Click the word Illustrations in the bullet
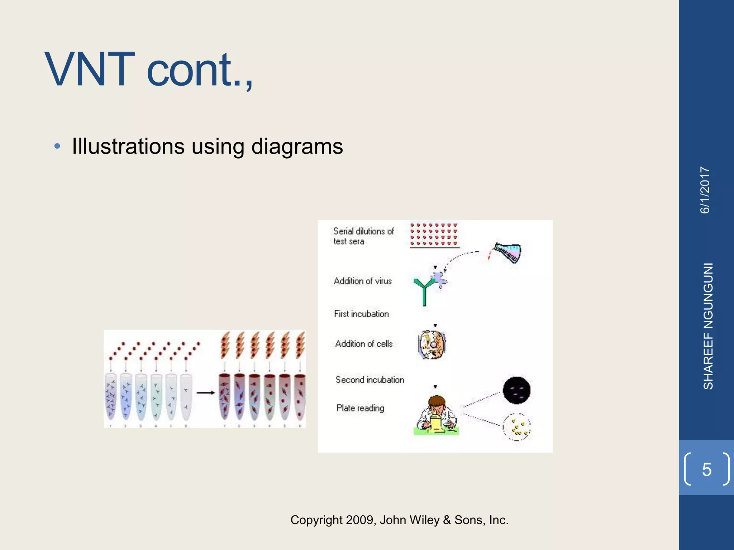(128, 146)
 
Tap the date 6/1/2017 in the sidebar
(705, 190)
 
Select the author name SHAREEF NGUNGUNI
(708, 326)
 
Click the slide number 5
(706, 469)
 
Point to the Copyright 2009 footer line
(399, 520)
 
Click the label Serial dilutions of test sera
(363, 236)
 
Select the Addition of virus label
(363, 281)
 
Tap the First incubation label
(361, 314)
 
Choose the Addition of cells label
(364, 344)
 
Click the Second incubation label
(370, 380)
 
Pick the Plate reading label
(360, 408)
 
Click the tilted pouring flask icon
(507, 252)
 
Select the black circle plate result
(516, 390)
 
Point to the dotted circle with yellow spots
(517, 427)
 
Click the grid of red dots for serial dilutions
(434, 235)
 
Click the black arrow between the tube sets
(205, 393)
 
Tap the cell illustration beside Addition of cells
(432, 344)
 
